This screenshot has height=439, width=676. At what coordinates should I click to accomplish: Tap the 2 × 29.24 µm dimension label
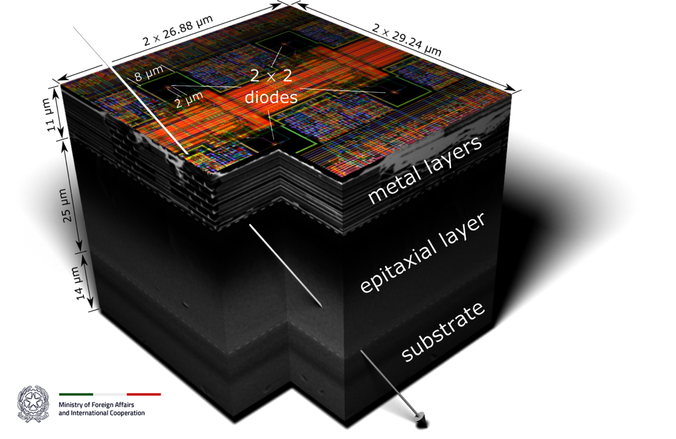[x=407, y=40]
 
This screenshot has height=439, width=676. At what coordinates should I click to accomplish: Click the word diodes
[x=271, y=97]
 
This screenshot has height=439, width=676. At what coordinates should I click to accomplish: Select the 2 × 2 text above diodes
[x=271, y=76]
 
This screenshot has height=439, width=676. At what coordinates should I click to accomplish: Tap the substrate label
[x=443, y=332]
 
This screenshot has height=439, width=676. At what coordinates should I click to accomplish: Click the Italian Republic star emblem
[x=33, y=404]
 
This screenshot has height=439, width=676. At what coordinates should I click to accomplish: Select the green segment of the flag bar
[x=76, y=394]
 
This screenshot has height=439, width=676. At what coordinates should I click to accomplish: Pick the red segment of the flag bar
[x=144, y=394]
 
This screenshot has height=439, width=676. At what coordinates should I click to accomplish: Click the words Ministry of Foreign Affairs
[x=96, y=405]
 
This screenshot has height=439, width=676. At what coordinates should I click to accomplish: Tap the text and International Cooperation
[x=102, y=413]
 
